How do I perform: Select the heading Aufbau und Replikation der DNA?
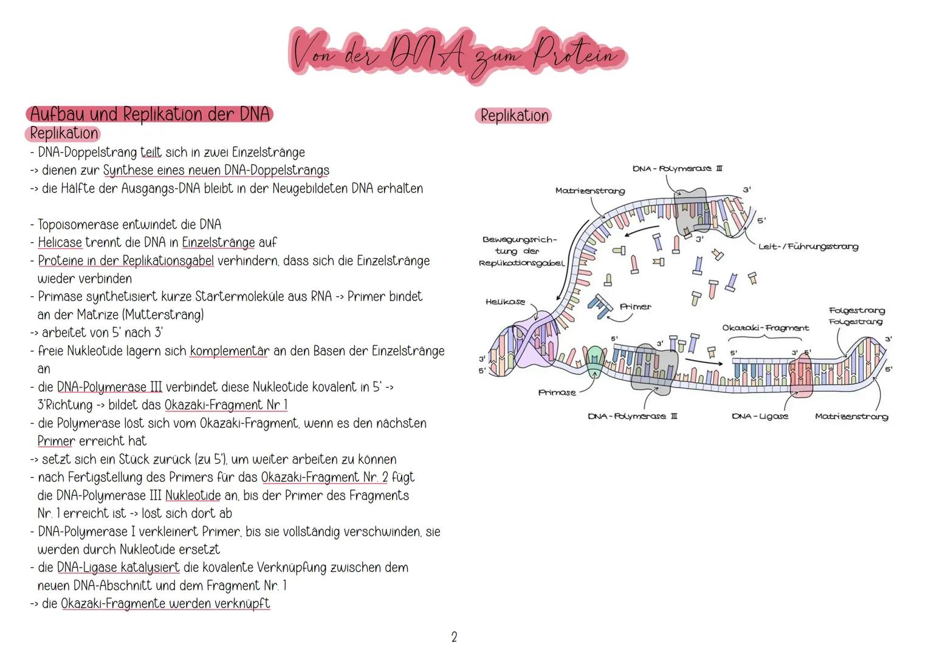pos(150,114)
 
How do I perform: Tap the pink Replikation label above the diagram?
pos(514,116)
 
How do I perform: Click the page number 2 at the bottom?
pos(454,637)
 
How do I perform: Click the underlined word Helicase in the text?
pos(60,243)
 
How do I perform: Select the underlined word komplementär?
pos(229,351)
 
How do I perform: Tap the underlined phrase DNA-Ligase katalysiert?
pos(118,568)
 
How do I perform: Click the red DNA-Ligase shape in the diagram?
pos(800,373)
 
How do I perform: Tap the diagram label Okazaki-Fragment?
pos(765,328)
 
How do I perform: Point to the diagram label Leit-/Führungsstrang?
pos(808,246)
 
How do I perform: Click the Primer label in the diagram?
pos(635,307)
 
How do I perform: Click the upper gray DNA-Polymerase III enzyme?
pos(691,210)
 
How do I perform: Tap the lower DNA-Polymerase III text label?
pos(633,416)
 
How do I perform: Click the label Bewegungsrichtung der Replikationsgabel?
pos(521,251)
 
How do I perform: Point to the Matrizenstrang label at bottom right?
pos(851,416)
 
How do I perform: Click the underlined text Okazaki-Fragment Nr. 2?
pos(324,478)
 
